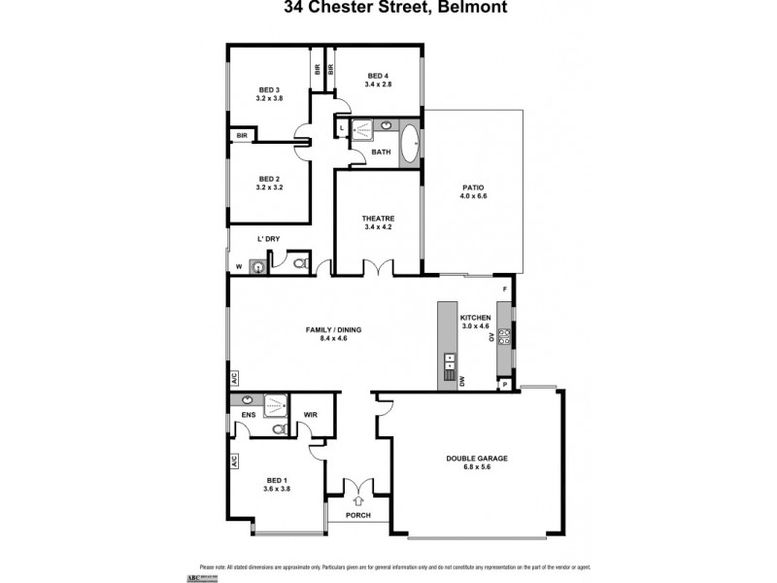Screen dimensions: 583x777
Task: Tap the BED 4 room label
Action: (378, 76)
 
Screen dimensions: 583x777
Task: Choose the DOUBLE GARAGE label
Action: (477, 458)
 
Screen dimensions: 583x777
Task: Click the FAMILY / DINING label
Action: (334, 330)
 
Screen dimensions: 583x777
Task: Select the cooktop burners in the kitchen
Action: (504, 337)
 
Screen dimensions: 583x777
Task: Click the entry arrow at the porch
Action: (358, 501)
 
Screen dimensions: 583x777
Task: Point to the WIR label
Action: (311, 416)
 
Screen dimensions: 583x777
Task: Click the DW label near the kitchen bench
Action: (462, 382)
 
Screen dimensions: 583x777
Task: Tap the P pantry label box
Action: (503, 386)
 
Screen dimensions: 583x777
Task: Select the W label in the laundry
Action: (239, 266)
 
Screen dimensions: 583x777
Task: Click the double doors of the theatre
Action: (378, 267)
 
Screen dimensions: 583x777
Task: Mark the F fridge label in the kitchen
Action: (504, 290)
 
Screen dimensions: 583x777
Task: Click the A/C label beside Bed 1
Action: (234, 463)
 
